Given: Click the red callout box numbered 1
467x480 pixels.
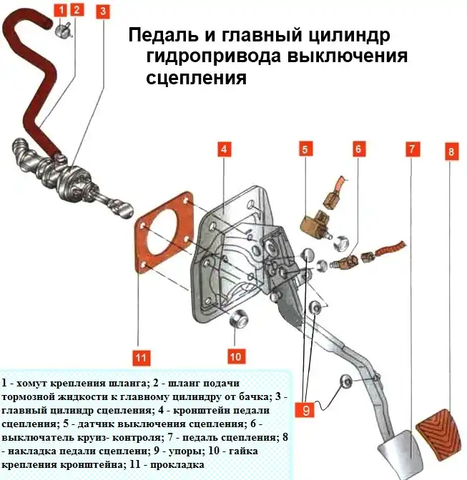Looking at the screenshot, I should [61, 10].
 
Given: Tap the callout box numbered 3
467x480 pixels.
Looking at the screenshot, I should [103, 11].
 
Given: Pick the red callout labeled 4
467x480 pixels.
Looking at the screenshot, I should [224, 149].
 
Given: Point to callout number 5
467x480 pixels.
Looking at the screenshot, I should [305, 149].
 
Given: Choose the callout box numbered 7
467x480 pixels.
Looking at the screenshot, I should [412, 149].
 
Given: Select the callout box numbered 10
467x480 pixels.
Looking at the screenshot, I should [235, 355].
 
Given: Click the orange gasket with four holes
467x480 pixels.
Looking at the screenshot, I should [164, 236].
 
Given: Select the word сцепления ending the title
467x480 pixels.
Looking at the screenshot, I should [196, 78].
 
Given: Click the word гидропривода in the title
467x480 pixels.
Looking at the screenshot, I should [208, 56].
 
